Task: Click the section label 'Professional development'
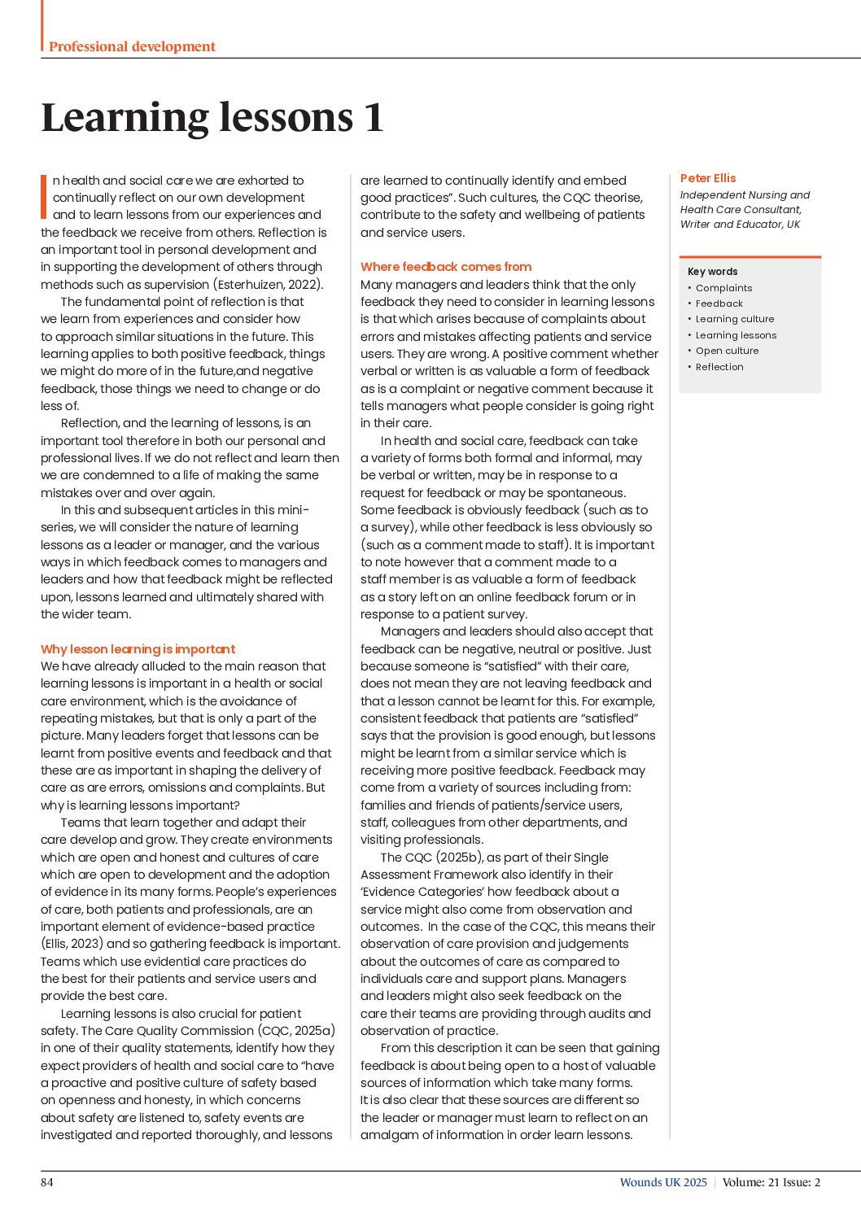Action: click(132, 46)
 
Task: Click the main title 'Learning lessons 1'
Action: click(212, 117)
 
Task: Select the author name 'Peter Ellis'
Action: click(708, 178)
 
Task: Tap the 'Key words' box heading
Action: click(713, 272)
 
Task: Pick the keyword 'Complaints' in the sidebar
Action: click(723, 288)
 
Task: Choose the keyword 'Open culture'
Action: click(727, 351)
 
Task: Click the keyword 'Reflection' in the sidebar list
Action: click(719, 367)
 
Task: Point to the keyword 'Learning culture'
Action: click(735, 319)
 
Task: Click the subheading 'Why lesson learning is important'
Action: click(138, 649)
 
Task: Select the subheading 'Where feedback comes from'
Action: click(446, 267)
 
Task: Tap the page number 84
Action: click(47, 1182)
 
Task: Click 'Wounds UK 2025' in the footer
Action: click(663, 1182)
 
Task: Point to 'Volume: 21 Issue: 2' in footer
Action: click(771, 1182)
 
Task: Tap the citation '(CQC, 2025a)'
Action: click(297, 1031)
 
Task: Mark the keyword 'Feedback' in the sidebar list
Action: click(719, 303)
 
